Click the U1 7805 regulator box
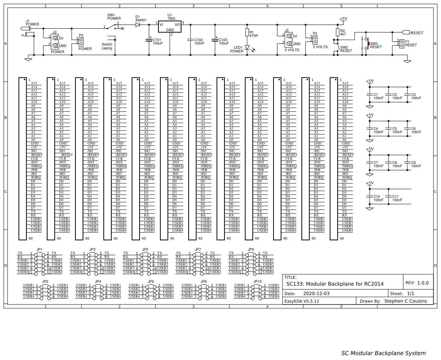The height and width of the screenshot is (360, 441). click(x=170, y=26)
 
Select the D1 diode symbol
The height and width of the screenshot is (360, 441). click(x=137, y=24)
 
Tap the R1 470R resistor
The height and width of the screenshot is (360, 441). click(x=247, y=33)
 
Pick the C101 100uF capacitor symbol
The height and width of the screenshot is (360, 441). click(x=149, y=39)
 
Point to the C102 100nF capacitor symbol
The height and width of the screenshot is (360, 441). click(x=191, y=39)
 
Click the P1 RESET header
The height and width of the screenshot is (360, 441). click(x=401, y=43)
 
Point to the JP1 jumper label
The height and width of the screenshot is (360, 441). click(x=40, y=249)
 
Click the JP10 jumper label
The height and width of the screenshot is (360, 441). click(x=258, y=282)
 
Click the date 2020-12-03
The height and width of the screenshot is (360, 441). click(x=316, y=293)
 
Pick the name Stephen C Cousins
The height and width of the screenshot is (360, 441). click(x=406, y=301)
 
